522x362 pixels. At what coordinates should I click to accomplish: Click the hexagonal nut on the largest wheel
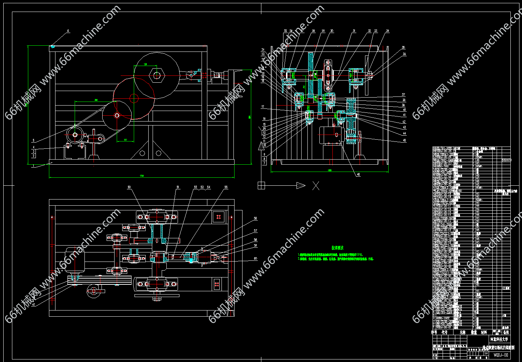click(x=157, y=75)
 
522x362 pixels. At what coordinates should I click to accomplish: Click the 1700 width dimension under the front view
click(x=142, y=176)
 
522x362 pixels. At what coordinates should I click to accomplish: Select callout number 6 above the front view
click(x=68, y=31)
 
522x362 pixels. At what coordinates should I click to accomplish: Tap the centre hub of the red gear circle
click(x=134, y=98)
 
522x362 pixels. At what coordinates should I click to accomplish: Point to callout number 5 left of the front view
click(x=34, y=140)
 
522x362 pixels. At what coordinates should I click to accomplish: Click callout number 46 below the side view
click(x=359, y=174)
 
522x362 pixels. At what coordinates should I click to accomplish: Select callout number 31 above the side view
click(x=354, y=31)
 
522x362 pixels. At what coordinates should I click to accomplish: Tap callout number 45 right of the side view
click(x=404, y=140)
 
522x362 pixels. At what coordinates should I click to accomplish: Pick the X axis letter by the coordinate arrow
click(x=316, y=186)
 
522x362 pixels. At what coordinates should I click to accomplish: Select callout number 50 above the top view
click(x=129, y=187)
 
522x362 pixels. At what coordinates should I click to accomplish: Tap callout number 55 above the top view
click(x=226, y=187)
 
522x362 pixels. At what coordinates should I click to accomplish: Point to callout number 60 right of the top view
click(x=256, y=259)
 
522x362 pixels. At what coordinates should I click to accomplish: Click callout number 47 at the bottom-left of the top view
click(x=34, y=305)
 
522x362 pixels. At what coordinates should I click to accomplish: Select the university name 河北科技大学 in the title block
click(x=499, y=340)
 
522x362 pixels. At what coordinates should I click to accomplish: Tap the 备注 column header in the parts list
click(x=506, y=332)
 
